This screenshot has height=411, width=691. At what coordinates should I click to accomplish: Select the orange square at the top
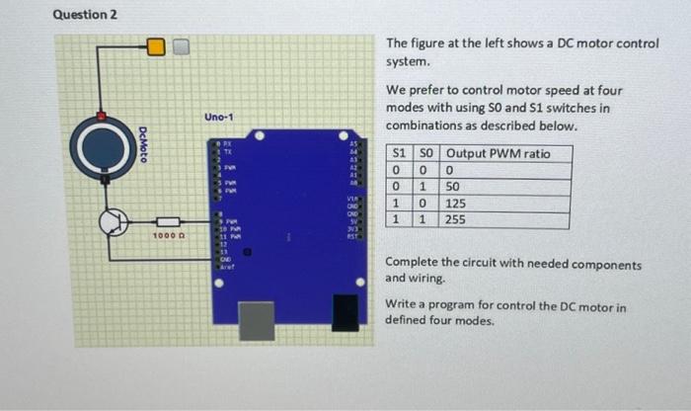156,45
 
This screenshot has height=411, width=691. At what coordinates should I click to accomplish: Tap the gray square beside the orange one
181,45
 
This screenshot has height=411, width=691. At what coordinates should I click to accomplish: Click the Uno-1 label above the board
219,118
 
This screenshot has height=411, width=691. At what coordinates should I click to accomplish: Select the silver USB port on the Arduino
259,317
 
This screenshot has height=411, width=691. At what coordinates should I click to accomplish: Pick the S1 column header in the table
400,154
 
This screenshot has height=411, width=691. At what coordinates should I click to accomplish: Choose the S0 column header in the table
426,154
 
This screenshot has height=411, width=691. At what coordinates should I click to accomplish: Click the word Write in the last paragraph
401,307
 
